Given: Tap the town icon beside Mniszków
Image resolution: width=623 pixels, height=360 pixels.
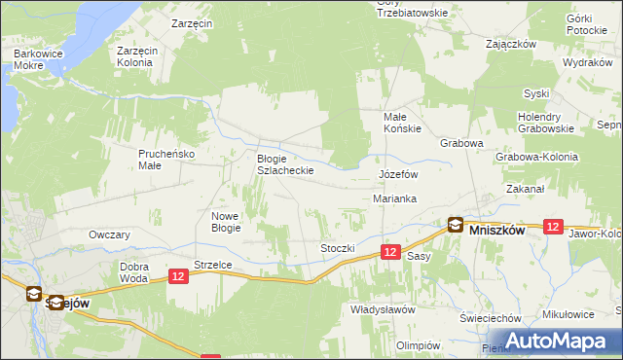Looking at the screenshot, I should pos(455,225).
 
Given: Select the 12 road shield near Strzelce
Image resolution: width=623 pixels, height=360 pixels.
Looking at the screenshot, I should pos(177,277).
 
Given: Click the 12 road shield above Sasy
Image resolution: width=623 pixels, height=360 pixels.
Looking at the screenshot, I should pos(389,252).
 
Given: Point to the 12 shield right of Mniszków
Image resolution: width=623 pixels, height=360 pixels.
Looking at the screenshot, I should pos(553,226).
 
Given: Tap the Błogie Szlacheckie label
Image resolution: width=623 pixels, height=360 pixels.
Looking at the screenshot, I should pos(284,164).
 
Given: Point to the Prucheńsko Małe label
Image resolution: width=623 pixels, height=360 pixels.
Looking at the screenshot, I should pos(165,159).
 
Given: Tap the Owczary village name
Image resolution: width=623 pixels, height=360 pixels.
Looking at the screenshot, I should pos(109,234).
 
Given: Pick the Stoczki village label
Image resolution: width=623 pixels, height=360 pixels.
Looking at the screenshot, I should pos(338,248).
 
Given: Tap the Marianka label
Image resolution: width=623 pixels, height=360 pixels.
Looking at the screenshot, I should pos(395,198).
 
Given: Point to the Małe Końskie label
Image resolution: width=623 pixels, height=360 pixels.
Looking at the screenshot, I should pos(400,123).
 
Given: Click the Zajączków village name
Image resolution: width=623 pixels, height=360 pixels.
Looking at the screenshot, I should pos(512,44).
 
